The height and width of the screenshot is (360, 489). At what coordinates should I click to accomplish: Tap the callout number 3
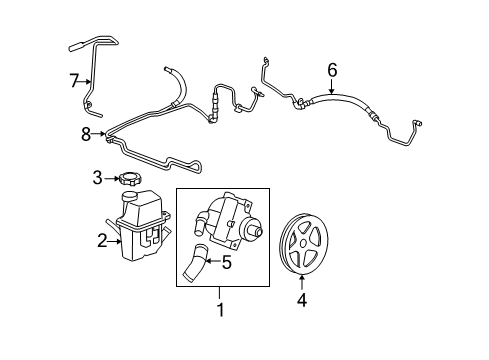click(x=98, y=179)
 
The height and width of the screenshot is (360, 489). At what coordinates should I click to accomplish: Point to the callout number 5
click(x=227, y=264)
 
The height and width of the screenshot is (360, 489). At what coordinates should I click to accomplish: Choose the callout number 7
click(x=73, y=80)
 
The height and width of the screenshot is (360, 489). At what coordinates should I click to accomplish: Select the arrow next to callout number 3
click(x=111, y=179)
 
